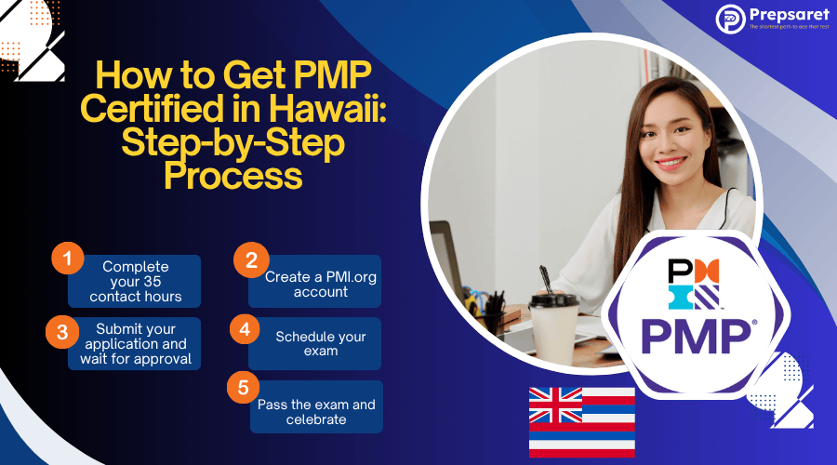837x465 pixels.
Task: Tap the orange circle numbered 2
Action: [248, 259]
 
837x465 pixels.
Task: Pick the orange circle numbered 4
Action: [245, 328]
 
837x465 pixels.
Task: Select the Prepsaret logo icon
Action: [730, 18]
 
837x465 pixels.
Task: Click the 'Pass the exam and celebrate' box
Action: [316, 411]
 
